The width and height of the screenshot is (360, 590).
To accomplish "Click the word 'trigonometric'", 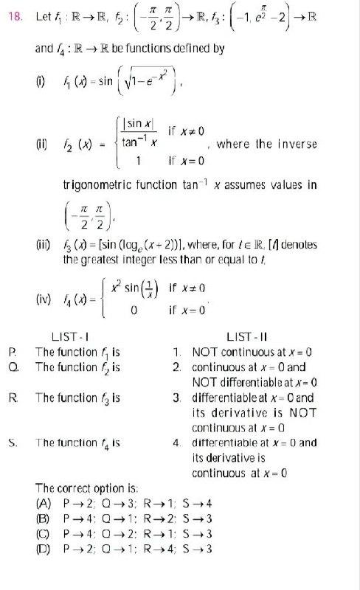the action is coord(98,186).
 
